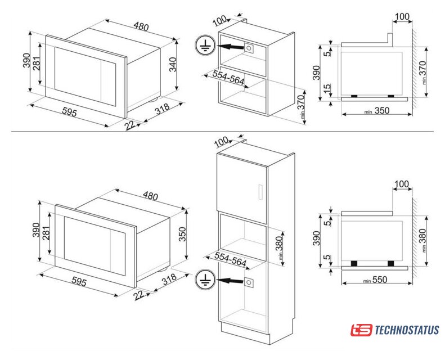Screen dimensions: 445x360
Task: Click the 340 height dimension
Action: (173, 65)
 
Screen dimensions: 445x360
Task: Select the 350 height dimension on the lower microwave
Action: (182, 234)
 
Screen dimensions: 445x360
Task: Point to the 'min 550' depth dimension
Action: (375, 280)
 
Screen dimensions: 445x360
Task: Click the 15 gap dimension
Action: (327, 87)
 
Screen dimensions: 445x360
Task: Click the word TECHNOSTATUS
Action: (407, 330)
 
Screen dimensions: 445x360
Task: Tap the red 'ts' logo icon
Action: (361, 330)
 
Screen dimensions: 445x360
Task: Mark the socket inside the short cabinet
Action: (248, 48)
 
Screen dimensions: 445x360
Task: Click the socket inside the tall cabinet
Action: (248, 282)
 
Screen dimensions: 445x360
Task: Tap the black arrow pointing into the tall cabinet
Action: (230, 281)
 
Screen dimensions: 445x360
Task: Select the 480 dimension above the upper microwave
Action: (141, 26)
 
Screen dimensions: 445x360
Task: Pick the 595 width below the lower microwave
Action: (79, 281)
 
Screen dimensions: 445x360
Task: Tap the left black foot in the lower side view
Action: (354, 263)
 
